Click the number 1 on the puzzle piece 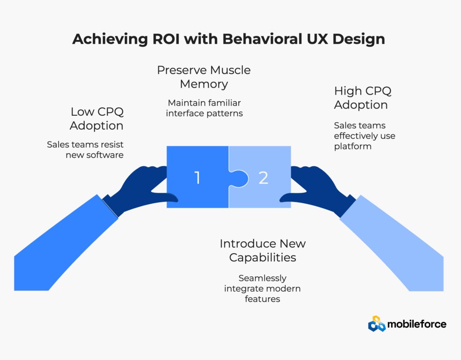pyautogui.click(x=197, y=178)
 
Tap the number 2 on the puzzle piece pyautogui.click(x=263, y=178)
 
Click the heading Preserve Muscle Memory pyautogui.click(x=203, y=77)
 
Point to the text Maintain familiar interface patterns pyautogui.click(x=204, y=107)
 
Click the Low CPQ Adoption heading pyautogui.click(x=97, y=118)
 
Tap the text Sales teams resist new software pyautogui.click(x=85, y=150)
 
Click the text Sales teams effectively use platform pyautogui.click(x=365, y=136)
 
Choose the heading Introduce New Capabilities pyautogui.click(x=262, y=251)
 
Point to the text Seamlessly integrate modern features pyautogui.click(x=262, y=288)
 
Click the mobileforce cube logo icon pyautogui.click(x=377, y=324)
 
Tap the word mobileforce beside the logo pyautogui.click(x=418, y=324)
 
